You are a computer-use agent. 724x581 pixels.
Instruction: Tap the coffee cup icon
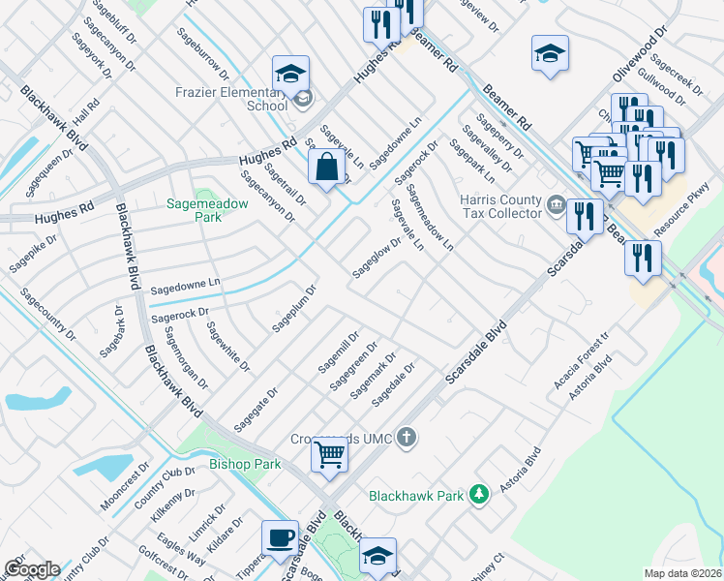(281, 538)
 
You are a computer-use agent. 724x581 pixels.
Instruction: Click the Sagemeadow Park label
(207, 210)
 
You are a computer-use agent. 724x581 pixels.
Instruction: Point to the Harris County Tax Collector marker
(557, 203)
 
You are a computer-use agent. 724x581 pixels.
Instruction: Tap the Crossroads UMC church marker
(407, 438)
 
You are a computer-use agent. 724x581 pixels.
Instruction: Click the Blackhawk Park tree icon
(477, 495)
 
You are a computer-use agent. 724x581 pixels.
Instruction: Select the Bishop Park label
(245, 465)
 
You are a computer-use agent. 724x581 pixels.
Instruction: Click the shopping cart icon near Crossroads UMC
(330, 453)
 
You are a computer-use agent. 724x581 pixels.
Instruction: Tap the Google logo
(32, 569)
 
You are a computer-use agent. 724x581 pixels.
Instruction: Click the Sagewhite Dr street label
(227, 347)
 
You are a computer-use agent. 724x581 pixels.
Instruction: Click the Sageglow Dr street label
(377, 258)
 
